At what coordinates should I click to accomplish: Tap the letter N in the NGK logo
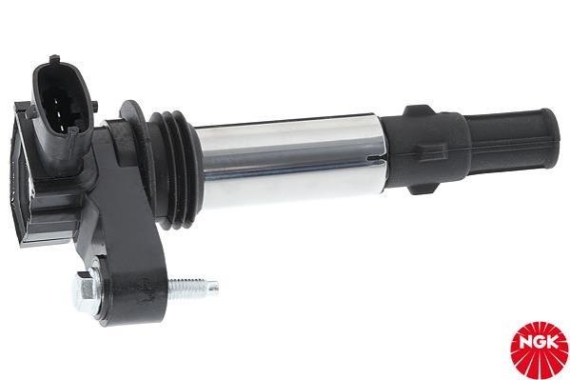pyautogui.click(x=525, y=343)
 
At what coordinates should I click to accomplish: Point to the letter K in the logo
pyautogui.click(x=553, y=343)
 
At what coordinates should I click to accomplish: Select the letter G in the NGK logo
pyautogui.click(x=540, y=343)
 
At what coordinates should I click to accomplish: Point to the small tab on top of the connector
pyautogui.click(x=54, y=59)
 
